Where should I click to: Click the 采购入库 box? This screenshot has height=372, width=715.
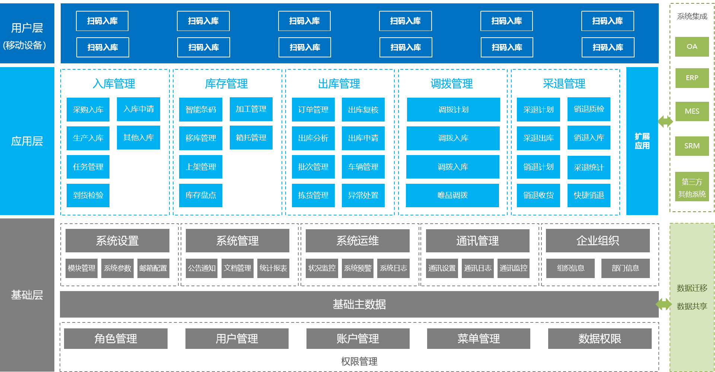(88, 110)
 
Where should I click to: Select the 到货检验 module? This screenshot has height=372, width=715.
(88, 195)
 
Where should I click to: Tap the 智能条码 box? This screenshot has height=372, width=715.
(200, 110)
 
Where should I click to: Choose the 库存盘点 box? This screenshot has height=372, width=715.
(200, 195)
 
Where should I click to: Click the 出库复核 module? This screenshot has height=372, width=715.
(363, 110)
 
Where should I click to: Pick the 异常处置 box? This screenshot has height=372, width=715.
(363, 195)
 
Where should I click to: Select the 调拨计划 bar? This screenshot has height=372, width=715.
(453, 110)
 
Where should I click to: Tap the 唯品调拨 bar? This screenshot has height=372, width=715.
(452, 195)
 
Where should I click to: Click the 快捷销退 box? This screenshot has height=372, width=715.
(589, 195)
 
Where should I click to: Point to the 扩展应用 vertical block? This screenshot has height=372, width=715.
(642, 141)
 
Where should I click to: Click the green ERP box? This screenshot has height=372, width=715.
(692, 78)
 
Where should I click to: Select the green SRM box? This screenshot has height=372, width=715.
(692, 146)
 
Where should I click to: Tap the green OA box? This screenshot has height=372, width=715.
(692, 47)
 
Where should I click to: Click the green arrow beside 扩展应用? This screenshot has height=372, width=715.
(665, 122)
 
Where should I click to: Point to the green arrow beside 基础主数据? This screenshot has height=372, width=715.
(664, 304)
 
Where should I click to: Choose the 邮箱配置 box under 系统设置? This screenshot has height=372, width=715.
(153, 268)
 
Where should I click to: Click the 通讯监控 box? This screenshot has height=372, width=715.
(513, 268)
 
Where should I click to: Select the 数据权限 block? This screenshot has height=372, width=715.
(600, 338)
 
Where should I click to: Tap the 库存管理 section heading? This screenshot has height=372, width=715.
(226, 84)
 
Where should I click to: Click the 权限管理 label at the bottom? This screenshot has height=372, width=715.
(359, 361)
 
